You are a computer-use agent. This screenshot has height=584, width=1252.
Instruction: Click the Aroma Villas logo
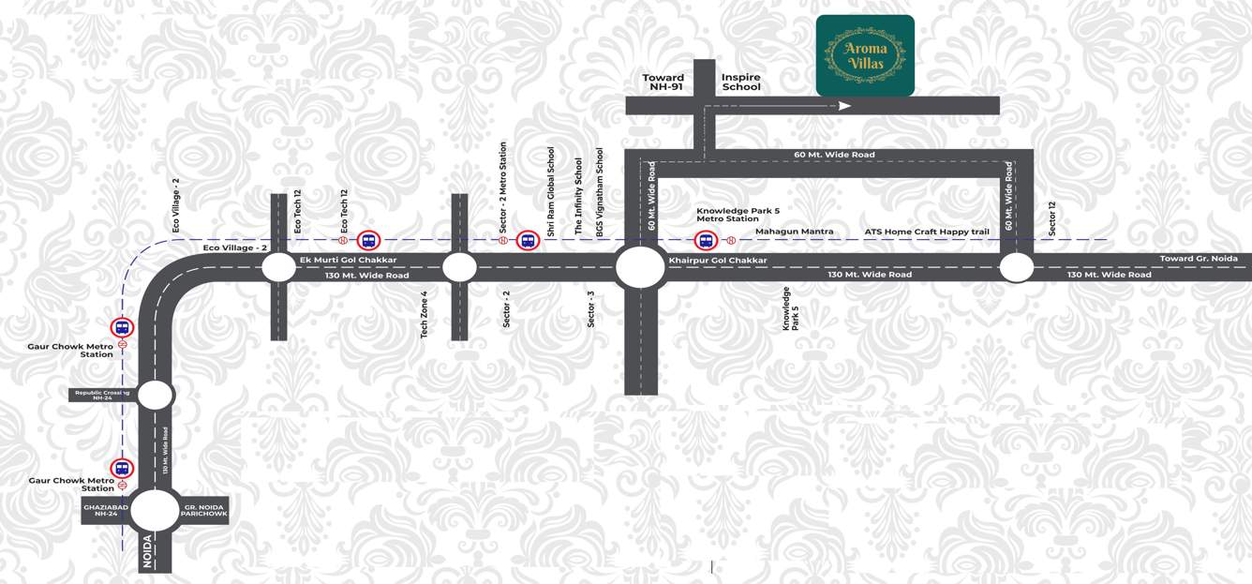[x=864, y=55]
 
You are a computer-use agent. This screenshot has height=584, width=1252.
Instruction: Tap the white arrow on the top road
[x=844, y=106]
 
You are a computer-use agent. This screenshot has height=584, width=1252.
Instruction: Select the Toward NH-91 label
[x=663, y=82]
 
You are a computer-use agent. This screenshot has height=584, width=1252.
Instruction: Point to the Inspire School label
[x=740, y=82]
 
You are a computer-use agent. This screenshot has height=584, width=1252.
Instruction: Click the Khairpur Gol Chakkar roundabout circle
[x=640, y=267]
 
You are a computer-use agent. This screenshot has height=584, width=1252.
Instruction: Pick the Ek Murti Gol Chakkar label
[x=348, y=260]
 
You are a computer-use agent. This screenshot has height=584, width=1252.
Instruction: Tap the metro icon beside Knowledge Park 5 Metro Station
[x=705, y=241]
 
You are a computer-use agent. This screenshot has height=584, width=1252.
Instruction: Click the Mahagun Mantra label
[x=794, y=232]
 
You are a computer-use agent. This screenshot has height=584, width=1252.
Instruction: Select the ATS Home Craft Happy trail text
[x=926, y=232]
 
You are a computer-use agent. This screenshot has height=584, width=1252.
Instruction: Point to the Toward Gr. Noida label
[x=1199, y=259]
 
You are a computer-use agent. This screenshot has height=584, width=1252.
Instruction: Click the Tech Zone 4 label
[x=425, y=314]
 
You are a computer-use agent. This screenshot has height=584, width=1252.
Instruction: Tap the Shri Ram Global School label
[x=551, y=191]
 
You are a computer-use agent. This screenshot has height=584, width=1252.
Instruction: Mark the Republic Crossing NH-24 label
[x=102, y=395]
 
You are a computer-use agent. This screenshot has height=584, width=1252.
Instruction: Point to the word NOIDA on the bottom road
[x=147, y=550]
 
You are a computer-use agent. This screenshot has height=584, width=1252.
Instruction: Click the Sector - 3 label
[x=591, y=308]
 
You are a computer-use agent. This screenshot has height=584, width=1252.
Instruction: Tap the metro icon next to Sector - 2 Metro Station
[x=528, y=241]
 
